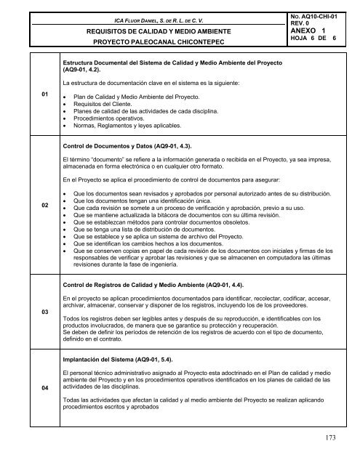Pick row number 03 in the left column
click(x=44, y=312)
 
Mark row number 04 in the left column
click(x=44, y=389)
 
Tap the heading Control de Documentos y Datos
click(x=127, y=145)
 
